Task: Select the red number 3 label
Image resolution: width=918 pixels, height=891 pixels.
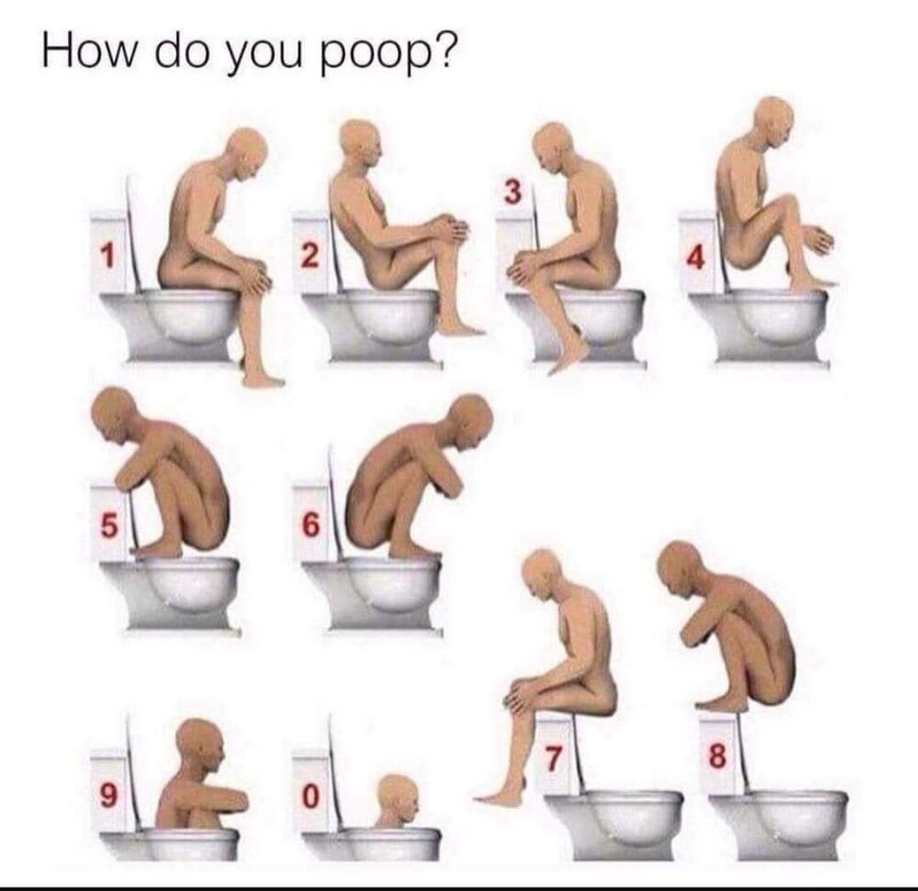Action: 513,193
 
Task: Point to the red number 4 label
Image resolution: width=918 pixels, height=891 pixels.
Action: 696,259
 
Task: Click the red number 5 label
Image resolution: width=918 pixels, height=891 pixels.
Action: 108,526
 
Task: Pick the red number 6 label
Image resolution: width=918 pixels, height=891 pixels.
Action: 310,526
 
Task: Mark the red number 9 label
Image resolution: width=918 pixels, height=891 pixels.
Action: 108,795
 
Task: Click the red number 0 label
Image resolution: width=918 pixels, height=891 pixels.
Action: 310,796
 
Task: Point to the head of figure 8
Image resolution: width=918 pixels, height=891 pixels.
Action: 680,564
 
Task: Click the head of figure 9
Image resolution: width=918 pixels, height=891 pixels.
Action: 201,742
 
